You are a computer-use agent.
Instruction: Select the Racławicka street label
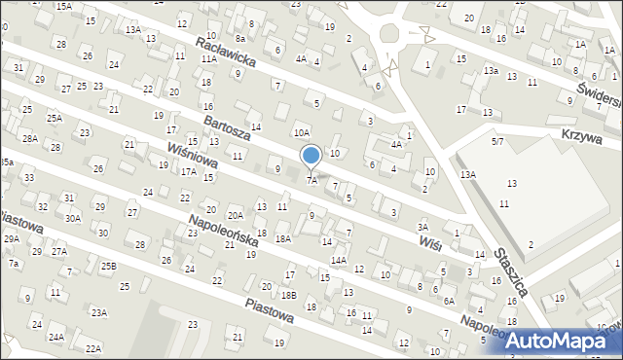pos(225,53)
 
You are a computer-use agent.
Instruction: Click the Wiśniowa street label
pos(192,158)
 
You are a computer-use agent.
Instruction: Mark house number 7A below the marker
pos(311,180)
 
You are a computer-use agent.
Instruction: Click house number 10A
pos(302,132)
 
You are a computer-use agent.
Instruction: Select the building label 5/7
pos(497,142)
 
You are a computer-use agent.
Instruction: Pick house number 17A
pos(188,171)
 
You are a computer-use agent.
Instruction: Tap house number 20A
pos(236,215)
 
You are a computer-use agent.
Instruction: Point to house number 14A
pos(338,260)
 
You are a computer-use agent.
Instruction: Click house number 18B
pos(289,295)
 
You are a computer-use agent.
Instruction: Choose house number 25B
pos(107,266)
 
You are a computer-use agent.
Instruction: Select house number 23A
pos(98,312)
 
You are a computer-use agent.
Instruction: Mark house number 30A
pos(73,219)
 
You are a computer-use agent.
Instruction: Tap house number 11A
pos(208,59)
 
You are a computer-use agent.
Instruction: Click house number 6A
pos(449,302)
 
